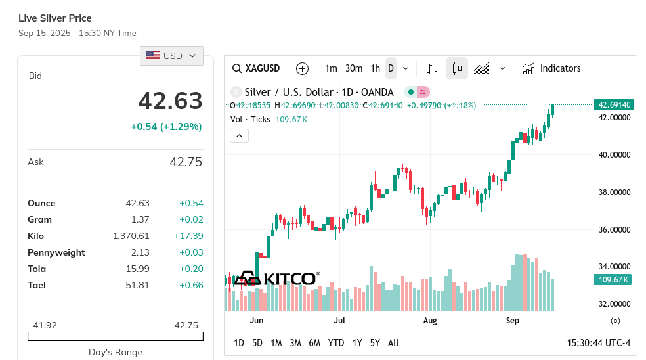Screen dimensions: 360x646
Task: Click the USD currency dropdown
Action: pos(171,56)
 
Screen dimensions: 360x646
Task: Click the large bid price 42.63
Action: pos(170,101)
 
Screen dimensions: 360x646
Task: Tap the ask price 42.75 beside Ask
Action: pos(186,162)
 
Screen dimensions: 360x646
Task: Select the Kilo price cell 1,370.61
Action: pos(131,236)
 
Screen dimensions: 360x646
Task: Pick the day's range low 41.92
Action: pos(45,325)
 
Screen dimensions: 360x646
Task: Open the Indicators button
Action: pos(551,68)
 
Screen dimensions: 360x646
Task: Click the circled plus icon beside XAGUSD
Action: pos(302,68)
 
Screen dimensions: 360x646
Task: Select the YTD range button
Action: pos(336,343)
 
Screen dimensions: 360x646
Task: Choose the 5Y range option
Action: pos(375,343)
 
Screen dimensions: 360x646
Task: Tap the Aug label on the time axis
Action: pos(430,321)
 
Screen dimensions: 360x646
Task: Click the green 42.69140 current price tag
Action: pos(614,105)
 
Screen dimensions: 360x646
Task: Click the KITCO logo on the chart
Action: pos(276,279)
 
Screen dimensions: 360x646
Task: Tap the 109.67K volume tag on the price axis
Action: pos(614,280)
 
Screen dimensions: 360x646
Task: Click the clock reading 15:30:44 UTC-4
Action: pos(598,343)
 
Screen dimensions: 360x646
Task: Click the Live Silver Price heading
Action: pos(55,18)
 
